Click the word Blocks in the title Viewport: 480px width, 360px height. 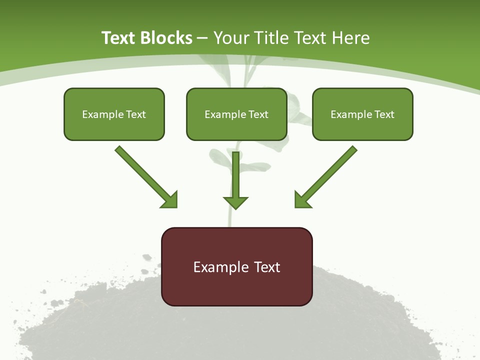(x=165, y=38)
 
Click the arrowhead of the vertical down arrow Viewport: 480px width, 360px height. (x=235, y=202)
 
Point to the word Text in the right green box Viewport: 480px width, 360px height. (x=384, y=114)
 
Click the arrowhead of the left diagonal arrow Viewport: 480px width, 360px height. (x=169, y=200)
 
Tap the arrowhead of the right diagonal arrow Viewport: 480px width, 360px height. (x=302, y=200)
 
